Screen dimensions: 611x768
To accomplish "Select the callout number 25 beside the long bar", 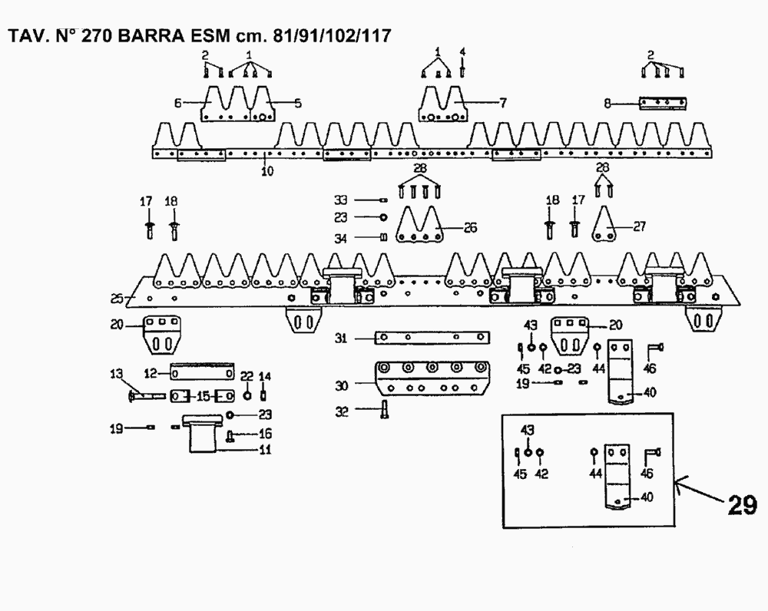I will pos(118,297).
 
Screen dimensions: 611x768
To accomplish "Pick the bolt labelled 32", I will pos(384,411).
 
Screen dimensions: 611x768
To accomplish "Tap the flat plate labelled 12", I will pos(201,372).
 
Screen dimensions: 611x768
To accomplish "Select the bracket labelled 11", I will pos(209,438).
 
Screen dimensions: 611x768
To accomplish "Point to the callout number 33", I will pos(339,199).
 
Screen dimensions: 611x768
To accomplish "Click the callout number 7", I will pos(504,101).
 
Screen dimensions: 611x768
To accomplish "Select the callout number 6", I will pos(177,101).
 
